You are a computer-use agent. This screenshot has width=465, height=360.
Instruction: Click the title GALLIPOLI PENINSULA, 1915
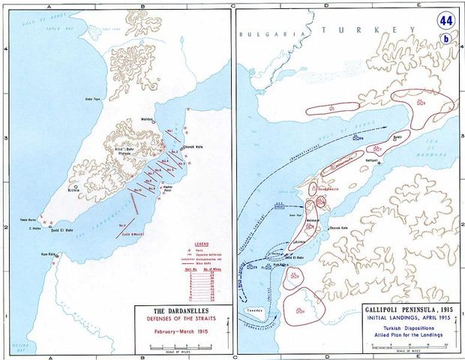coord(389,310)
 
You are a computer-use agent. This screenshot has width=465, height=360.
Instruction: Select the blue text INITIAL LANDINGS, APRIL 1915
coord(389,319)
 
